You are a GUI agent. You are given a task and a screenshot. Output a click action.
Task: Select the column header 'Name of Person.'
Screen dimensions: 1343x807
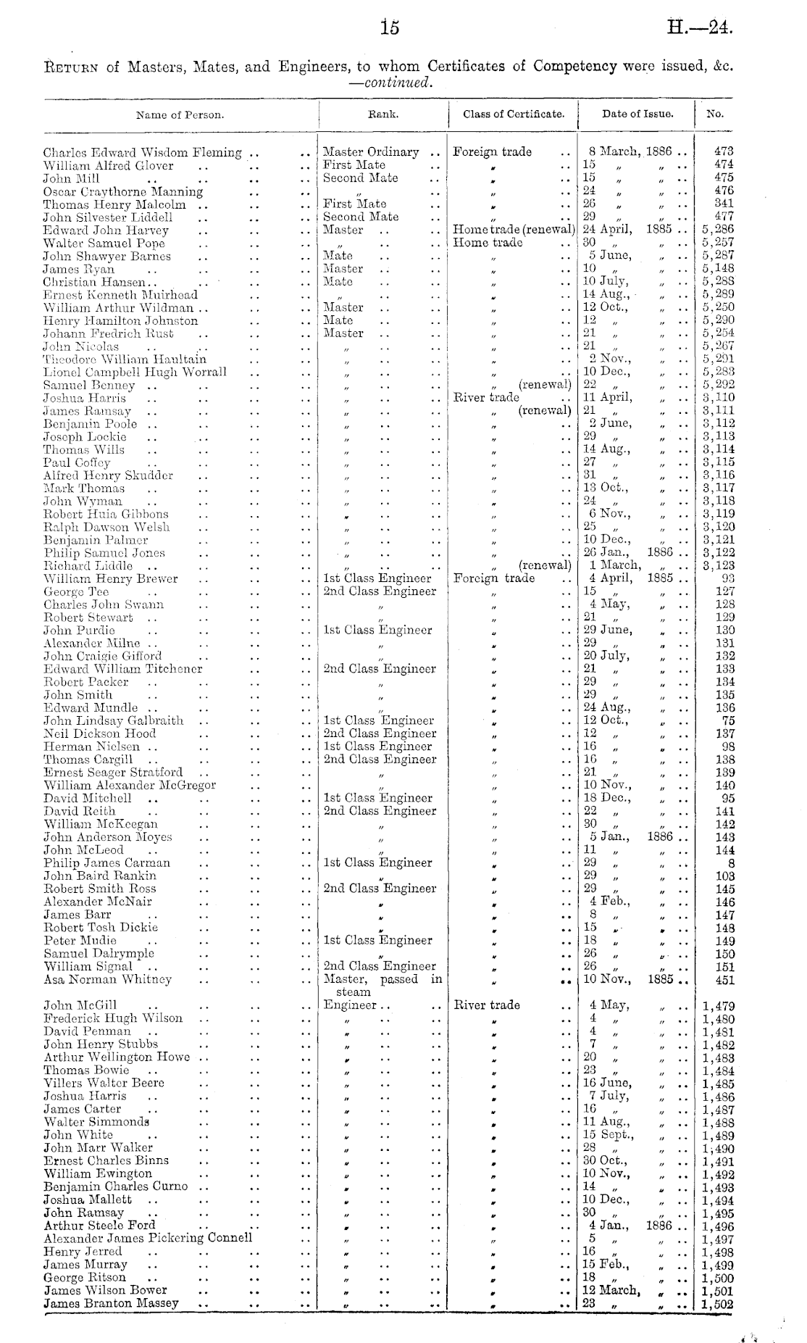(180, 115)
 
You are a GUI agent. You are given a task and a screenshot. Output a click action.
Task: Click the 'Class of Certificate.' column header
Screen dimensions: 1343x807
(514, 114)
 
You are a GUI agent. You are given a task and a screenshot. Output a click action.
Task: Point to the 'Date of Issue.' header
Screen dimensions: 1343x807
(637, 114)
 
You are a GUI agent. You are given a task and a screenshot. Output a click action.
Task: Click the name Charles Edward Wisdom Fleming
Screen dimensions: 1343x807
(143, 152)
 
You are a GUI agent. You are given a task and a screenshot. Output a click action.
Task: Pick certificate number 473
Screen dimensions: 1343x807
(723, 151)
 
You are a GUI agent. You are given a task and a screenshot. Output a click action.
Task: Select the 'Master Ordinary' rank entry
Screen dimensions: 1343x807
(371, 152)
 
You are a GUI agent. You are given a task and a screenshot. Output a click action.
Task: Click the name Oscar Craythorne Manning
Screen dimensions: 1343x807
(123, 191)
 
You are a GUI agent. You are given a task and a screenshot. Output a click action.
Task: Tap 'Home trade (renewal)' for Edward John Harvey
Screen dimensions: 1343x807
(514, 230)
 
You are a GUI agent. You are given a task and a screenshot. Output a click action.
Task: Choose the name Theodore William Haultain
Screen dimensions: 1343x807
(125, 359)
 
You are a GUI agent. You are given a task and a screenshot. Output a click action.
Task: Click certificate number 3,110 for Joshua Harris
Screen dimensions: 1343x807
(718, 398)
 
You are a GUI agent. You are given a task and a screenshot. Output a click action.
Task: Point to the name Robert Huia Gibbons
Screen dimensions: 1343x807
(106, 515)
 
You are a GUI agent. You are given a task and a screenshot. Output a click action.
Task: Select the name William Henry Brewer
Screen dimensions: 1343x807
(111, 579)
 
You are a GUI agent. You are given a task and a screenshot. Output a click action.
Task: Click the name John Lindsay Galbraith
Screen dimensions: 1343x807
(114, 721)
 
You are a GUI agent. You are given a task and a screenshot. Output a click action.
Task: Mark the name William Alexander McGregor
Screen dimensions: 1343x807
(130, 786)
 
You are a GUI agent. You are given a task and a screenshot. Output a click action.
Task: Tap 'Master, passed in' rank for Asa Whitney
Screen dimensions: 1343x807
(382, 980)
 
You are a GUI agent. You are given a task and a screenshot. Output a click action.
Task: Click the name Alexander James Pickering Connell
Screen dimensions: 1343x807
(148, 1239)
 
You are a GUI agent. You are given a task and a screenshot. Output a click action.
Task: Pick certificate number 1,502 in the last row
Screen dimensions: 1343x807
(718, 1304)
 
